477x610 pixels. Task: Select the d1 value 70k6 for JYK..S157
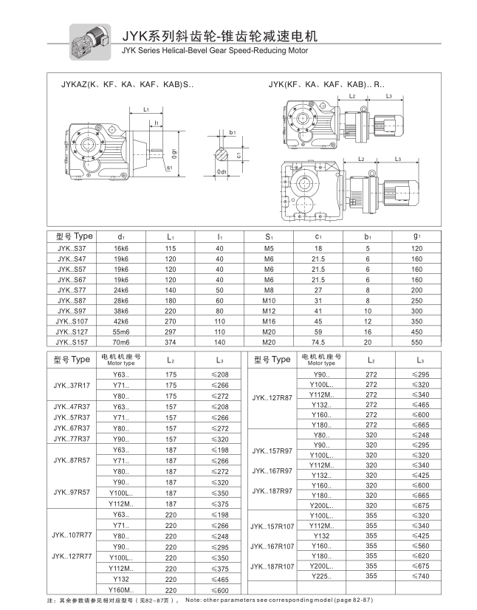121,342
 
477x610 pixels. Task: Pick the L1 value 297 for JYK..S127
170,332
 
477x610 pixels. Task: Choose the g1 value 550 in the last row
417,342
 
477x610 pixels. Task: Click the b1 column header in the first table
367,236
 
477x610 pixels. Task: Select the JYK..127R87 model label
272,397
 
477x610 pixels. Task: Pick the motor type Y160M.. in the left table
121,590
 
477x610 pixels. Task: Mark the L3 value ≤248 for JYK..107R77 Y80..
219,535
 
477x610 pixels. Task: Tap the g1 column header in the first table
417,236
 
